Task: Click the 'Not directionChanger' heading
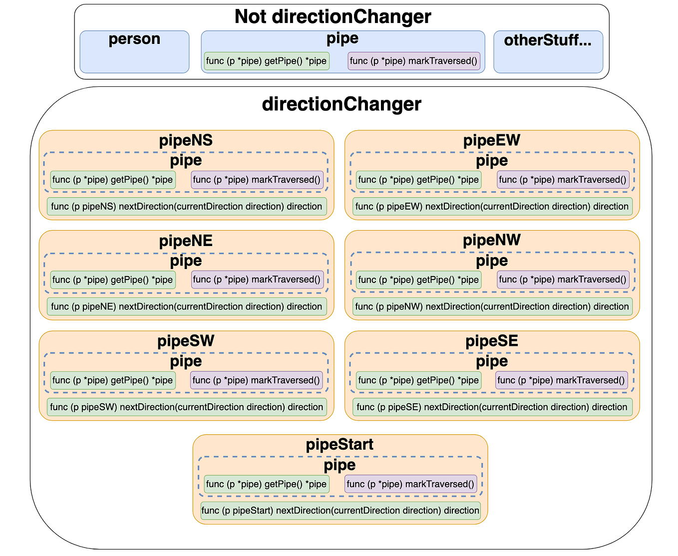point(333,16)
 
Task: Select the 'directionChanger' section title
point(341,104)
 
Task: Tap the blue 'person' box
point(134,51)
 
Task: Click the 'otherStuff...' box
point(548,51)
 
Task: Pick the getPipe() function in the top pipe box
point(266,61)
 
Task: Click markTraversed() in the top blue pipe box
point(413,61)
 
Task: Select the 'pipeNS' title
point(186,140)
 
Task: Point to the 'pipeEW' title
point(491,140)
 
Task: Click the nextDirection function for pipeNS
point(187,206)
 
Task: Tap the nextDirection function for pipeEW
point(492,206)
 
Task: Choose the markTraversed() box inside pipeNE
point(257,279)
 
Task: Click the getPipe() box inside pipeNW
point(418,279)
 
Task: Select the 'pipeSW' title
point(186,341)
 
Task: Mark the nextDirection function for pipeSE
point(492,407)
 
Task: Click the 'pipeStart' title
point(339,444)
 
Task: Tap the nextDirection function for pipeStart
point(340,510)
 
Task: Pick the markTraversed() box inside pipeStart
point(410,484)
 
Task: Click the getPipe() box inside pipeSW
point(112,380)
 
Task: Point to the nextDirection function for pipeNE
point(187,306)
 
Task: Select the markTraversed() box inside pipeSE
point(561,380)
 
